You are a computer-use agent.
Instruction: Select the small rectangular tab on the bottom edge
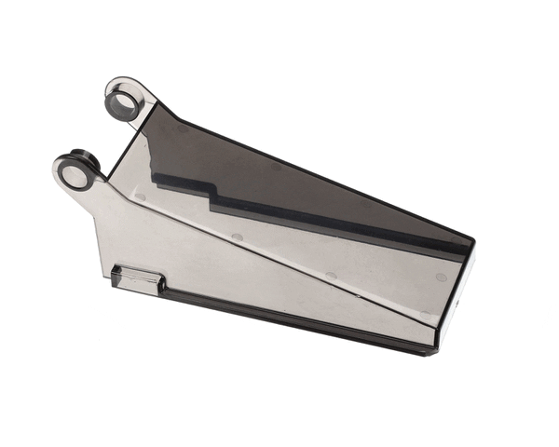click(138, 278)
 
